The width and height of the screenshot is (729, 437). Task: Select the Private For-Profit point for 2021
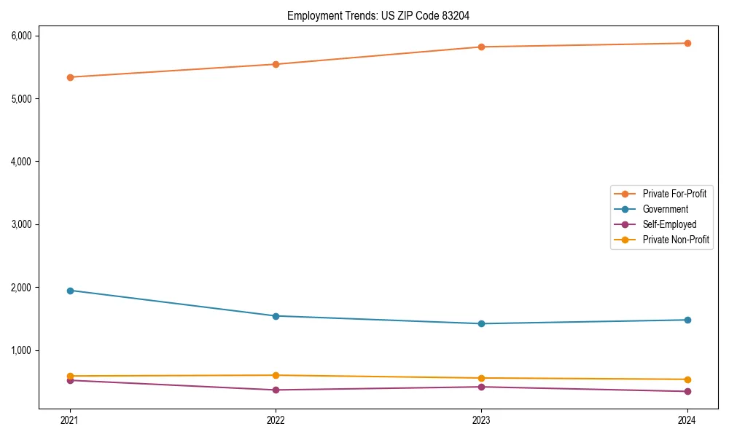tap(70, 77)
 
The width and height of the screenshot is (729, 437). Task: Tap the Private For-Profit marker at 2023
tap(481, 47)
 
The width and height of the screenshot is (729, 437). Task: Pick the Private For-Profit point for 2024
tap(687, 43)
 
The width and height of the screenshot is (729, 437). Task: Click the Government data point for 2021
tap(70, 291)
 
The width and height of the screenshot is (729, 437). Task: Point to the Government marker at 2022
tap(276, 316)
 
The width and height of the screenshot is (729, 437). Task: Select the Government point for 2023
tap(481, 323)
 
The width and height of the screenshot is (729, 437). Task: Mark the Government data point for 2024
tap(687, 320)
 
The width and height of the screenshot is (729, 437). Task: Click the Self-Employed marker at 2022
tap(276, 390)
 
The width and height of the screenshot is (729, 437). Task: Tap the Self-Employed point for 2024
tap(687, 391)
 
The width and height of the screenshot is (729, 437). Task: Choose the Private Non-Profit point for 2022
tap(276, 375)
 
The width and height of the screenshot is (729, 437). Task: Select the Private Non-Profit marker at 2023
tap(481, 378)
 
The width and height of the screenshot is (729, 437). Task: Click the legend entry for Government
tap(665, 209)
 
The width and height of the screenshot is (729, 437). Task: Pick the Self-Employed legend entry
tap(669, 224)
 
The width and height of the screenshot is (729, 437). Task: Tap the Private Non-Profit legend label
tap(676, 240)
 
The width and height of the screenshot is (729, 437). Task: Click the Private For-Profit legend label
tap(674, 194)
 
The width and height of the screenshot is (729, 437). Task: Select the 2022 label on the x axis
tap(276, 420)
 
